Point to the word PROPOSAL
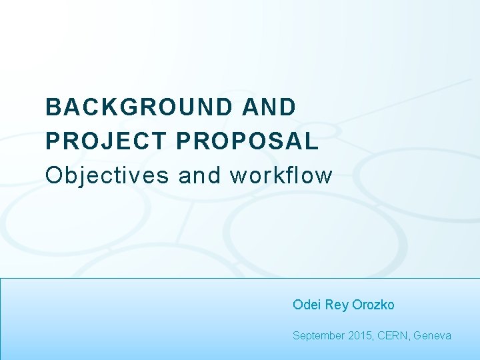click(x=248, y=141)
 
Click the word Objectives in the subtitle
click(x=107, y=176)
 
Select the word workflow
click(x=281, y=176)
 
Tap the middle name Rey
click(x=336, y=305)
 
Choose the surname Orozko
click(x=373, y=305)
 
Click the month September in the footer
click(x=319, y=336)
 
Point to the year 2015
click(x=361, y=336)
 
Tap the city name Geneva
click(x=432, y=336)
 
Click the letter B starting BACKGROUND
click(x=53, y=107)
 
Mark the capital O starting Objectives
click(x=53, y=176)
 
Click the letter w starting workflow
click(x=237, y=176)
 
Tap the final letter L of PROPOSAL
click(x=311, y=141)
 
